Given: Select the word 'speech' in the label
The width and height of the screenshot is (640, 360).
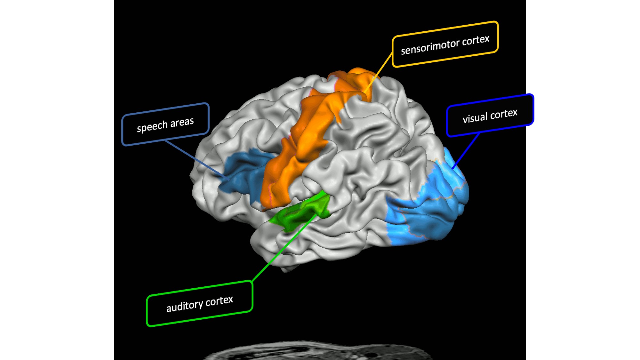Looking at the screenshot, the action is coord(152,126).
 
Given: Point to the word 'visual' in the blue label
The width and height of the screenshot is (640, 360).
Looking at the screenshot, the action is coord(475,117).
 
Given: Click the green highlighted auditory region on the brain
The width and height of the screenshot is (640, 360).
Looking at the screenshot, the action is coord(301,213).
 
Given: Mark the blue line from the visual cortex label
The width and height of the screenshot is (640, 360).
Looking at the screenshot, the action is coord(466,150).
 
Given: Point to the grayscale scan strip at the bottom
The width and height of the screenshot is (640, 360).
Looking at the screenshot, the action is coord(320,352).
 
